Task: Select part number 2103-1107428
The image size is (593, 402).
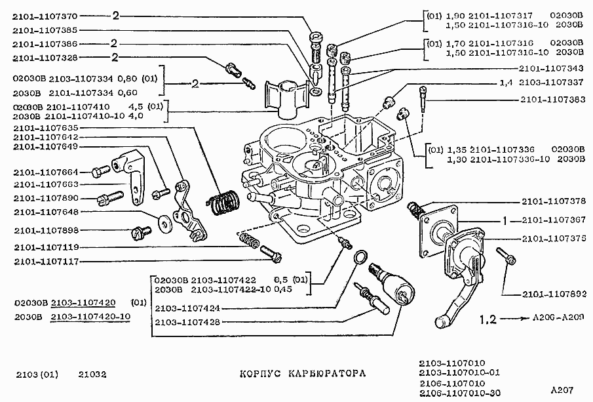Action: (188, 322)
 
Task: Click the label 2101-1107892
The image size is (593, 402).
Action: (552, 294)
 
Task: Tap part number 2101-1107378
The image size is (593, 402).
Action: (552, 201)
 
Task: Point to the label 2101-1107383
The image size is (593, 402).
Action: (552, 100)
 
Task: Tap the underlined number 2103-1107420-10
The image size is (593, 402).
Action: (91, 317)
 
